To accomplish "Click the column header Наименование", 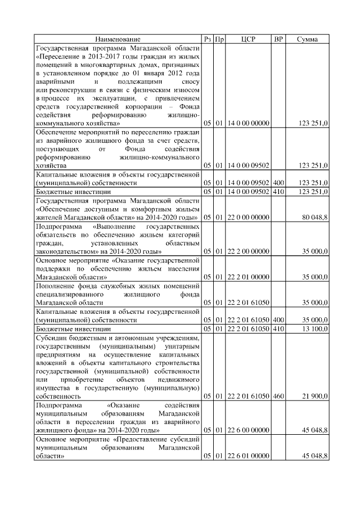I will (118, 39).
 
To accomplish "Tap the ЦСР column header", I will (248, 39).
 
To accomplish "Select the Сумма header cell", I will (307, 39).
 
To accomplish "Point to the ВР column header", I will (278, 39).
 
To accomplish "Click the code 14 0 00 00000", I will (248, 123).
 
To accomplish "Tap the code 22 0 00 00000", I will (248, 217).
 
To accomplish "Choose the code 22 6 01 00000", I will (248, 456).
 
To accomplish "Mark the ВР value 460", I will (278, 396).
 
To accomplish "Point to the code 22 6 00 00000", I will (248, 430).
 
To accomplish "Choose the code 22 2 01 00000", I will (248, 277).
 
